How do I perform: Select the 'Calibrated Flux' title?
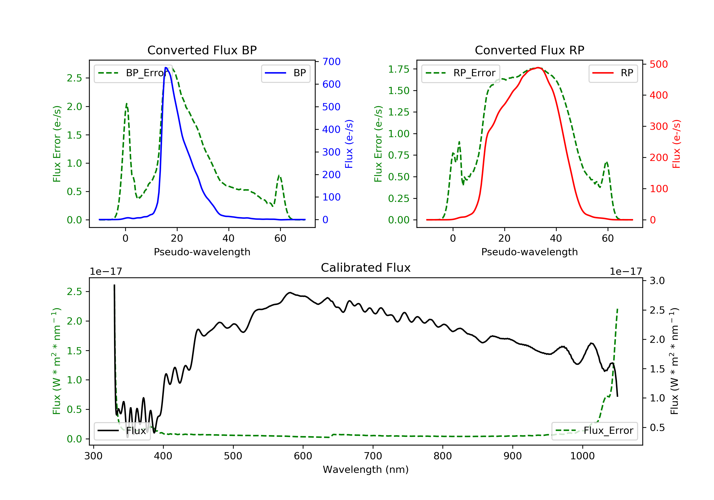[x=366, y=268]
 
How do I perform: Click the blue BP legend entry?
[x=285, y=73]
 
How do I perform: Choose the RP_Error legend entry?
[x=460, y=73]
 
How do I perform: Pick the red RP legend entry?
[x=613, y=73]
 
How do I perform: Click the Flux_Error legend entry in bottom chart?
[x=594, y=431]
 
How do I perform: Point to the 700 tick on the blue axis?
[x=331, y=62]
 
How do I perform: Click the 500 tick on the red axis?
[x=659, y=65]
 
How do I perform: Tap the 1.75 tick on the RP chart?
[x=399, y=69]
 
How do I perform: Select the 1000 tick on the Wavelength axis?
[x=582, y=456]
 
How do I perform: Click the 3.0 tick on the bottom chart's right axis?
[x=657, y=281]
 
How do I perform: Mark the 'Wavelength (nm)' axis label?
[x=366, y=470]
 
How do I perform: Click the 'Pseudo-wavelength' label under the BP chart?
[x=202, y=252]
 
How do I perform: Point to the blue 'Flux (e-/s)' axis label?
[x=349, y=144]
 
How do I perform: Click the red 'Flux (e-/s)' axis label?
[x=676, y=144]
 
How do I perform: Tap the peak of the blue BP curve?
[x=166, y=68]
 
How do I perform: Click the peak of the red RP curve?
[x=538, y=68]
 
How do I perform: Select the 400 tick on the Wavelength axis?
[x=163, y=456]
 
